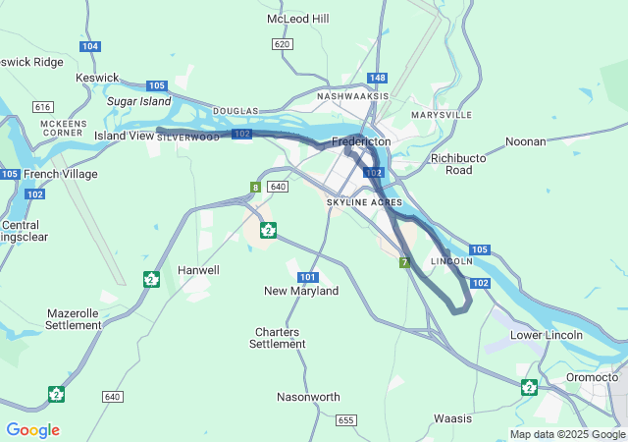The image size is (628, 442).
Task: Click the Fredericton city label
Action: [361, 141]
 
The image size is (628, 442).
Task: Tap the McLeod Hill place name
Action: [298, 19]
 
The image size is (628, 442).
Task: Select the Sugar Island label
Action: [138, 100]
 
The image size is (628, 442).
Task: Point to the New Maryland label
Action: [301, 291]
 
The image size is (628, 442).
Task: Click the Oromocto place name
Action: [592, 377]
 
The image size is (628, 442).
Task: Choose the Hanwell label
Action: [198, 269]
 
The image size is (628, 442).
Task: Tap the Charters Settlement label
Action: [278, 338]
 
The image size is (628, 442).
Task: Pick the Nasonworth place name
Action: [308, 397]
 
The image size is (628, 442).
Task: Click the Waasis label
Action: [452, 418]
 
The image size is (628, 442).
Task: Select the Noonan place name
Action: [525, 141]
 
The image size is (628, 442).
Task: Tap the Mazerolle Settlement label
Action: [74, 318]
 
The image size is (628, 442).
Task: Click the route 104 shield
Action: [90, 46]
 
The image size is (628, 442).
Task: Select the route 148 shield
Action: [378, 78]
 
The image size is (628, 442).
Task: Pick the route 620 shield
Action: [283, 44]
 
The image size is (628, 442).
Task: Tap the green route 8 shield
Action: [254, 187]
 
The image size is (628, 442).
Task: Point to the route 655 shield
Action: [344, 419]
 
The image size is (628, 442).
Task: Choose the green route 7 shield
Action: [403, 262]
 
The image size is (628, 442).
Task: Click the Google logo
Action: [32, 430]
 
